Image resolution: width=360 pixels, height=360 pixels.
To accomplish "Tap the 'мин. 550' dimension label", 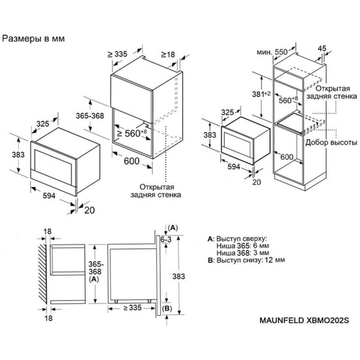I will point(272,52).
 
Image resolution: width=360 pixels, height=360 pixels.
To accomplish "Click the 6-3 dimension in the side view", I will point(173,240).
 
